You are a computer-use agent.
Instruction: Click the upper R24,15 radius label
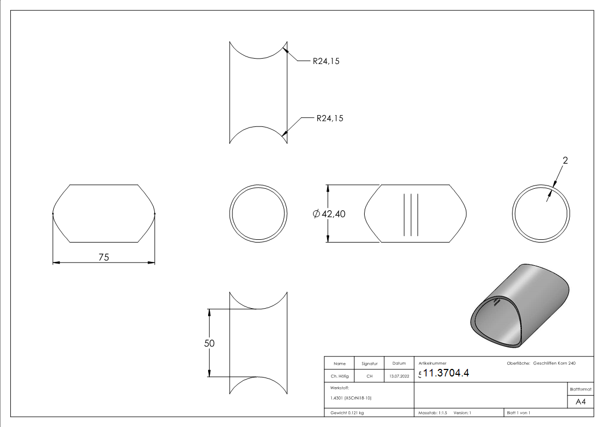pos(326,61)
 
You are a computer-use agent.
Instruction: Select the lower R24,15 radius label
pos(330,118)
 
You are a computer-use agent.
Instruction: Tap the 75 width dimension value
pos(104,257)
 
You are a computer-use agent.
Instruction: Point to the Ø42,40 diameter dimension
pos(329,213)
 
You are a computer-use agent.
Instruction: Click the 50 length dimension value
pos(209,343)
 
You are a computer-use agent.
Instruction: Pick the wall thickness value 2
pos(565,160)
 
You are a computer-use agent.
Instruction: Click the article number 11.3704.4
pos(446,373)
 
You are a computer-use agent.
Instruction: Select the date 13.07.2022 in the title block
pos(399,376)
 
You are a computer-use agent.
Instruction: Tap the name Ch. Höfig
pos(339,376)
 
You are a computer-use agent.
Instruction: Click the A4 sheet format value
pos(580,402)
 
